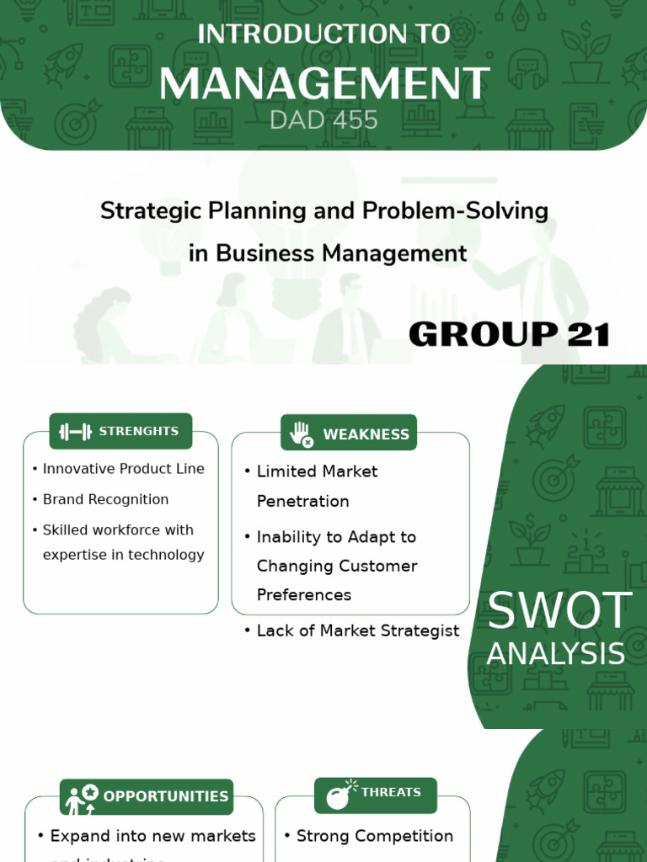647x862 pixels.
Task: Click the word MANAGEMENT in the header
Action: coord(324,83)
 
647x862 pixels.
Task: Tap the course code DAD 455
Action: coord(323,120)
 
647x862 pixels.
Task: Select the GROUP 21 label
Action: coord(509,334)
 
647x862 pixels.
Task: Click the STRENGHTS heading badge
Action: coord(120,431)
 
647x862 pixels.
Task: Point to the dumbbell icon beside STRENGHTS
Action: coord(75,432)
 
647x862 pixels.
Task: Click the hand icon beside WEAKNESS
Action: coord(301,434)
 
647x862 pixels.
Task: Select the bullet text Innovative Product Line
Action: coord(123,469)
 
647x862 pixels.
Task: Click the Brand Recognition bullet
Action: coord(105,499)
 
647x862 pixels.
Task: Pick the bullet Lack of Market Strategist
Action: coord(357,631)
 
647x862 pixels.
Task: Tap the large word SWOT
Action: coord(559,610)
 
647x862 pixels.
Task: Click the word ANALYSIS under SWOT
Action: coord(556,654)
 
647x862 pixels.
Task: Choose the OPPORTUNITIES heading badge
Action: coord(147,796)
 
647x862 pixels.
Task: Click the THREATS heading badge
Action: coord(376,793)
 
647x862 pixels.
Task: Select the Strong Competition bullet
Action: coord(374,836)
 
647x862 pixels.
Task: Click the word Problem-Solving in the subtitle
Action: coord(455,210)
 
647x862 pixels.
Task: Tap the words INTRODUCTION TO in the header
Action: coord(323,35)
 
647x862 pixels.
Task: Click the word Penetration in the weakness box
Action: coord(302,501)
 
